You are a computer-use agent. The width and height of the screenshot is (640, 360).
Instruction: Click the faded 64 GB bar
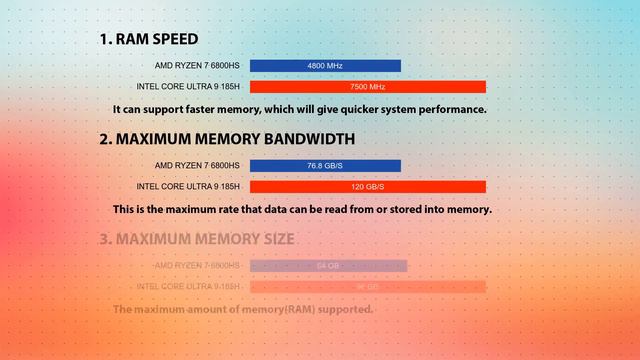click(328, 266)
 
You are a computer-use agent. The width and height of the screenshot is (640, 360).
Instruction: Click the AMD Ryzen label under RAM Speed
click(197, 66)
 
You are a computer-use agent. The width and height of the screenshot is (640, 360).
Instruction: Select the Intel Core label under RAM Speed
click(188, 87)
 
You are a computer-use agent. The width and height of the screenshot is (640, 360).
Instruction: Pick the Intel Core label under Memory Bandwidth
click(188, 187)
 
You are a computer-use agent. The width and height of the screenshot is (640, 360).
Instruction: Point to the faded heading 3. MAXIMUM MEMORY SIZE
click(197, 239)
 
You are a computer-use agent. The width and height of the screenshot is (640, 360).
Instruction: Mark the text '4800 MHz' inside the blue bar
click(325, 66)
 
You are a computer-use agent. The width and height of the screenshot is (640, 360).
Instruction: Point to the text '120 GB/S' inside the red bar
click(367, 187)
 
